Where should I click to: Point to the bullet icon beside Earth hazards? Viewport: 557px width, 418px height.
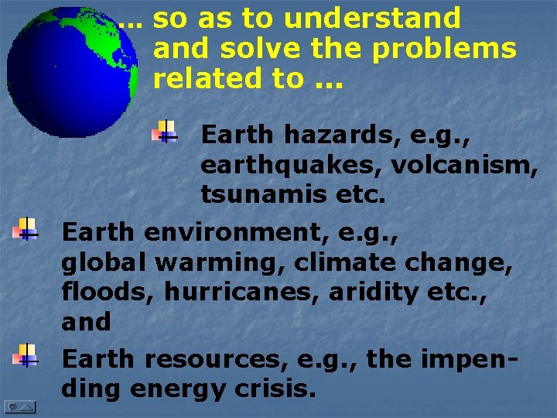pyautogui.click(x=165, y=132)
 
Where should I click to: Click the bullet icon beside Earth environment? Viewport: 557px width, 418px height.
pyautogui.click(x=26, y=229)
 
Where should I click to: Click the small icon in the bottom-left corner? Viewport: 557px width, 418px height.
pyautogui.click(x=19, y=406)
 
